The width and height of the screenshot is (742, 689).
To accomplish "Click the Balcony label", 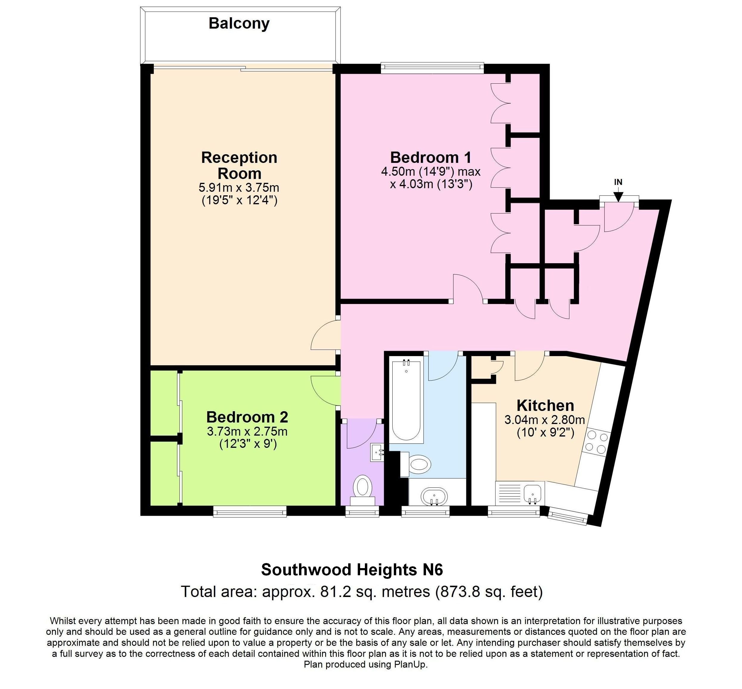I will (x=239, y=24).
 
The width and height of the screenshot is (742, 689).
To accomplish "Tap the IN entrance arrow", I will (x=618, y=195).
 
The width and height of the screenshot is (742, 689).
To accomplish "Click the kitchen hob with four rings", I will (x=596, y=442).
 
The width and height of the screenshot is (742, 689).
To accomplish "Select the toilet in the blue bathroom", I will (x=419, y=464).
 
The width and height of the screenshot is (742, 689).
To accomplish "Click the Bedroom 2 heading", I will (x=247, y=417).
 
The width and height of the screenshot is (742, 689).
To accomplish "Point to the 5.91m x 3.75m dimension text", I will (x=239, y=187).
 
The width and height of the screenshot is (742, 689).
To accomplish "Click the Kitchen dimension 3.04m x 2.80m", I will (x=545, y=420).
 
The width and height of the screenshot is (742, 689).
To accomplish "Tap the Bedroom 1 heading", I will (x=431, y=158).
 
